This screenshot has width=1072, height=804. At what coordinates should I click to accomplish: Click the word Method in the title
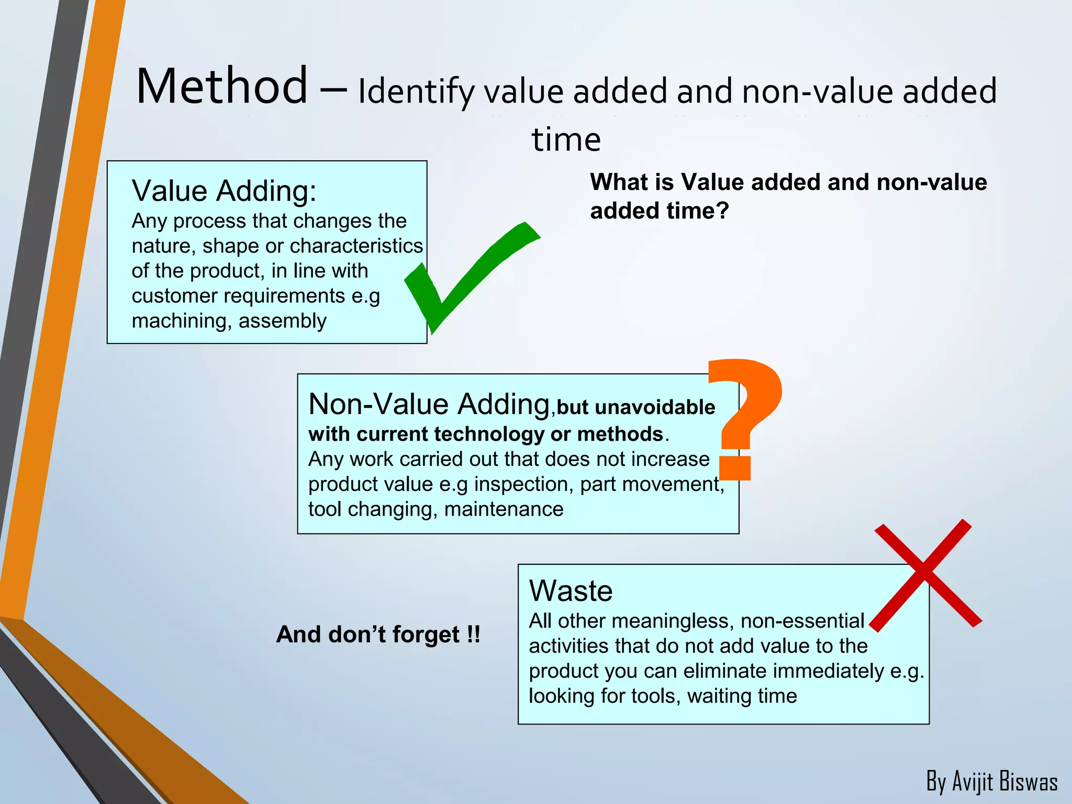pos(222,86)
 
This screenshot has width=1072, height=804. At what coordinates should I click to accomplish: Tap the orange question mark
pos(746,414)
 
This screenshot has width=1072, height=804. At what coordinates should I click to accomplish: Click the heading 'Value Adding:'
pos(224,191)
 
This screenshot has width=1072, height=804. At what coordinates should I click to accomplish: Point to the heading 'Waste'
pos(571,591)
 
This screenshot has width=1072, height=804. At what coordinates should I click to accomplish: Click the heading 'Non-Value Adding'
pos(429,405)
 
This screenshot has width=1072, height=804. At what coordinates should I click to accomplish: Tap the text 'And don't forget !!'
pos(378,634)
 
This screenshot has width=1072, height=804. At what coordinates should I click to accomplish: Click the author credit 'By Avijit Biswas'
pos(991,781)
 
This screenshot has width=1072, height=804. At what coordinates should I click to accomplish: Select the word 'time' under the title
pos(566,140)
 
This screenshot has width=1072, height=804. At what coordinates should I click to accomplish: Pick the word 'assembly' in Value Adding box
pos(283,321)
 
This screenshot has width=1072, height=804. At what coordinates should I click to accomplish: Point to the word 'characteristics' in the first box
pos(356,246)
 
